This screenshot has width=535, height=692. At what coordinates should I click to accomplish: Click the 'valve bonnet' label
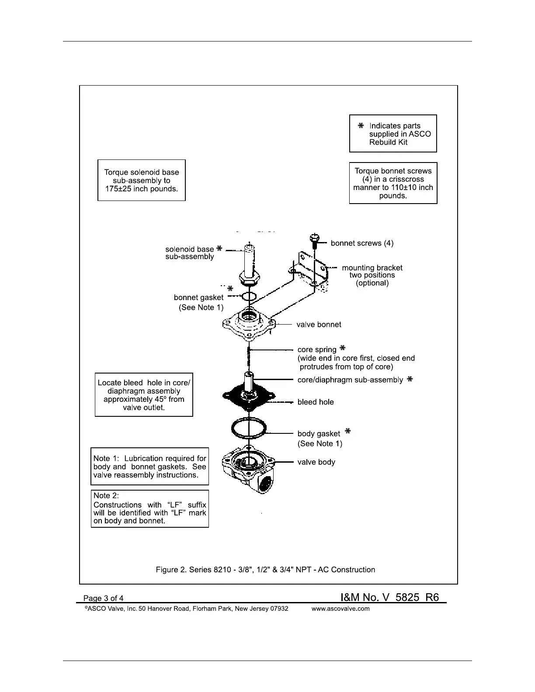pyautogui.click(x=319, y=325)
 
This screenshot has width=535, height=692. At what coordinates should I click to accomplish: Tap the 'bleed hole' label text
pyautogui.click(x=315, y=402)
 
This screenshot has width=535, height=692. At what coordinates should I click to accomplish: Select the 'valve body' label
pyautogui.click(x=316, y=462)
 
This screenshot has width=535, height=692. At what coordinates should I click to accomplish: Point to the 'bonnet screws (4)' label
pyautogui.click(x=362, y=243)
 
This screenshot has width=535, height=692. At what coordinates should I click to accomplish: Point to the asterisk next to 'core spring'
pyautogui.click(x=343, y=348)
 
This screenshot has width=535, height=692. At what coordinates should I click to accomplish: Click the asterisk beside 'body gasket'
pyautogui.click(x=347, y=432)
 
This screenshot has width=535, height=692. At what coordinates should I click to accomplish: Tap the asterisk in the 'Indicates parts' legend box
pyautogui.click(x=361, y=126)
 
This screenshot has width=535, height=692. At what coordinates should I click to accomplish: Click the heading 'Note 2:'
pyautogui.click(x=106, y=495)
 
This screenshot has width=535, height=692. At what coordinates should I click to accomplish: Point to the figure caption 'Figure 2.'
pyautogui.click(x=171, y=570)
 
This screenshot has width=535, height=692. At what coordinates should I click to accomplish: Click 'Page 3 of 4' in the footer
pyautogui.click(x=104, y=598)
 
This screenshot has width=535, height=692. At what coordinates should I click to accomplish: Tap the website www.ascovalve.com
pyautogui.click(x=340, y=609)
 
